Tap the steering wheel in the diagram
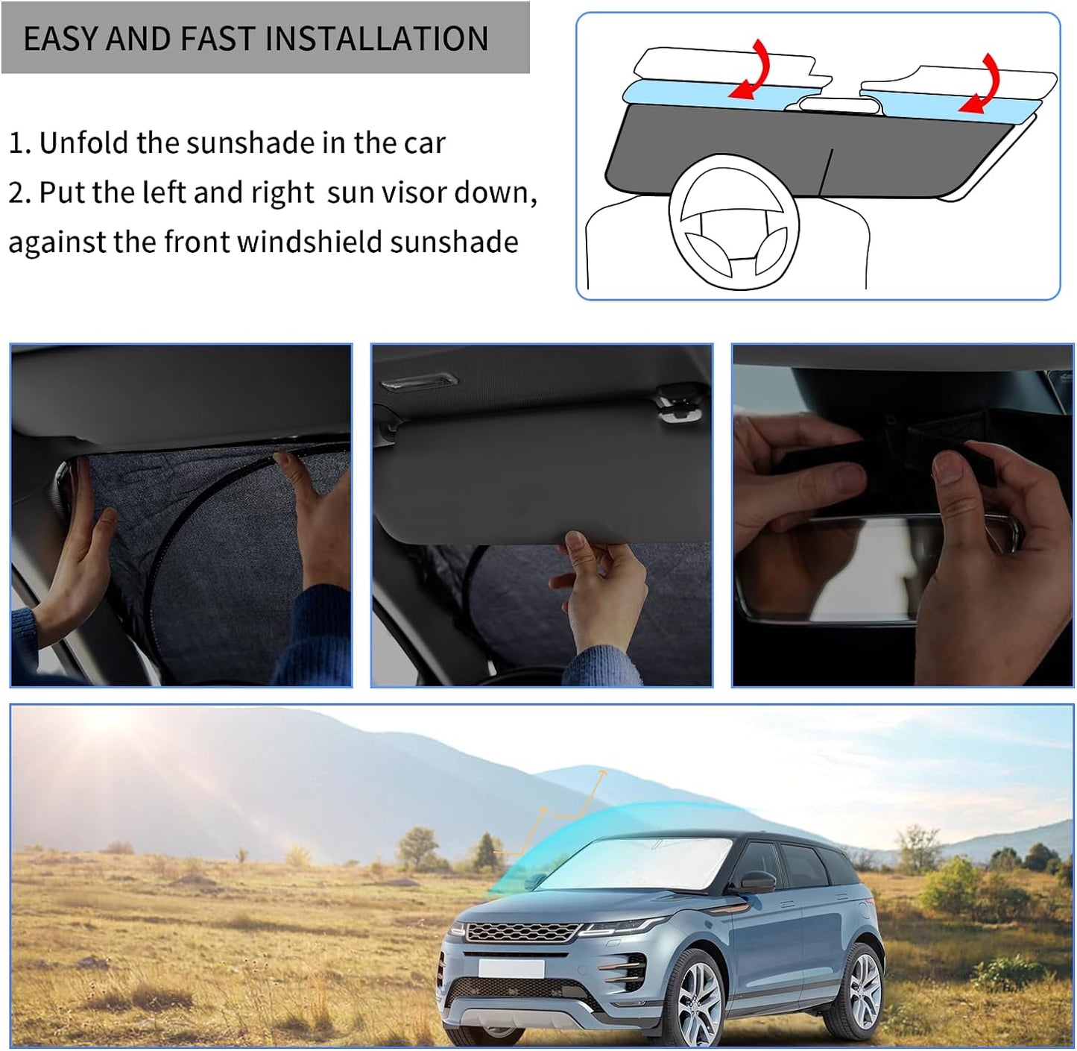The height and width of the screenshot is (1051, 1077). [734, 224]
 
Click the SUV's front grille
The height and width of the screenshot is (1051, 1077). [522, 932]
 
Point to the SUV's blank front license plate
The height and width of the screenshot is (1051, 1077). [511, 968]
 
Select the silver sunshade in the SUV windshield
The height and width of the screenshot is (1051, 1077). [648, 865]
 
